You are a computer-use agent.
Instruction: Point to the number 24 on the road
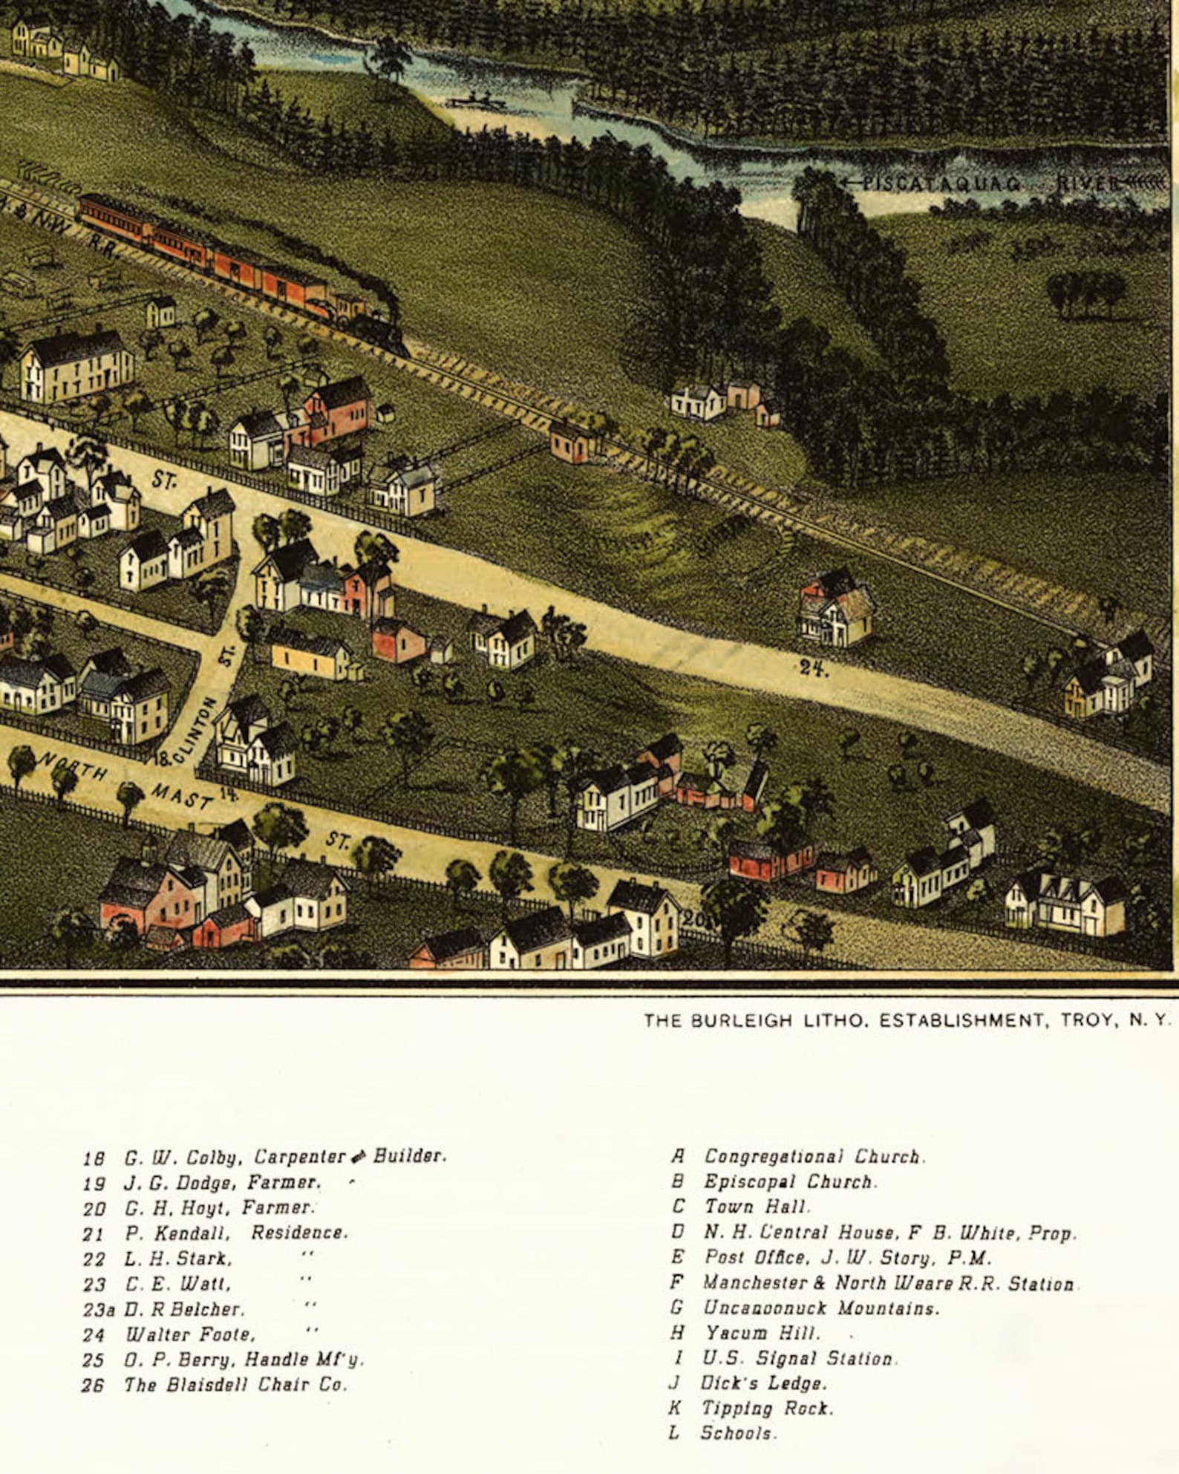coord(813,668)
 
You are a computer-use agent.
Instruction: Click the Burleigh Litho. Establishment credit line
coord(906,1020)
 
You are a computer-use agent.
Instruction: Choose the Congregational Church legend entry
coord(812,1156)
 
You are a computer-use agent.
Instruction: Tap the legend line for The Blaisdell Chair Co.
coord(235,1385)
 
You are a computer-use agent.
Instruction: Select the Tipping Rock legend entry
coord(767,1408)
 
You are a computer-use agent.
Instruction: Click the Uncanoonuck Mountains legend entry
coord(820,1308)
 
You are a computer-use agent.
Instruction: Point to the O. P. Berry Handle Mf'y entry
coord(244,1360)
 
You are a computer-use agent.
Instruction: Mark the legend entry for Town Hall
coord(757,1207)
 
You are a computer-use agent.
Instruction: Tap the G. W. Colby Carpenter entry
coord(284,1157)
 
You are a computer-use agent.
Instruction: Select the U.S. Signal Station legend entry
coord(800,1358)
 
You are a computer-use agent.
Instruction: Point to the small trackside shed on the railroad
coord(572,442)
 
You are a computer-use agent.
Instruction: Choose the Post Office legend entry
coord(846,1257)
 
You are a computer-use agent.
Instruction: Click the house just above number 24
coord(836,607)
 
